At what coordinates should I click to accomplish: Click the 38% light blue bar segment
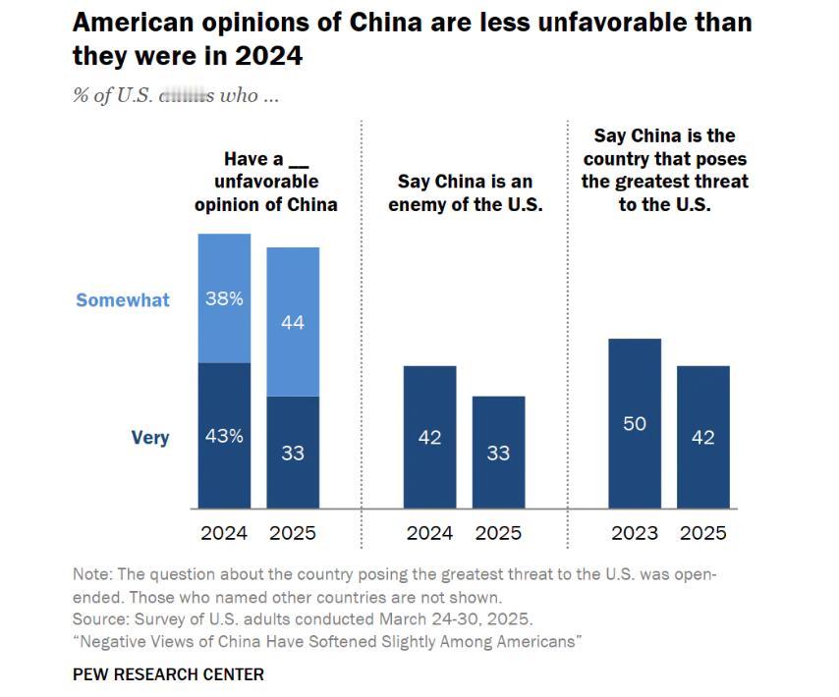click(224, 298)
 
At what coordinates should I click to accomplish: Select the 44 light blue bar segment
click(293, 321)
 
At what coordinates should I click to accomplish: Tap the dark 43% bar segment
click(224, 436)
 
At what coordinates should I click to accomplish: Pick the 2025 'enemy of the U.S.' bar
click(498, 453)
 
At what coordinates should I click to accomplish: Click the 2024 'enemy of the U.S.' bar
click(429, 437)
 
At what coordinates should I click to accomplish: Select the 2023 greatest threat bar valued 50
click(635, 423)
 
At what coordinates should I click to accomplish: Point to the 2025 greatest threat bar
click(703, 437)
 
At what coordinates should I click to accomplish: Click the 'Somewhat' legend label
click(123, 300)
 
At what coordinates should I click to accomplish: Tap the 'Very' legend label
click(150, 438)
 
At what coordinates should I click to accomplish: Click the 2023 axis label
click(635, 534)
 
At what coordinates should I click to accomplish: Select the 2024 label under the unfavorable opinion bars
click(224, 534)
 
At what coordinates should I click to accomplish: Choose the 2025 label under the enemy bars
click(498, 534)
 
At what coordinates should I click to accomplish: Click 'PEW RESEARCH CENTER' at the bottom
click(168, 674)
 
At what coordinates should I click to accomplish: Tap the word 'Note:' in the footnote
click(91, 574)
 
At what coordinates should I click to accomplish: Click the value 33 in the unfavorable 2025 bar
click(293, 454)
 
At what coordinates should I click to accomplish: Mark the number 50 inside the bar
click(635, 424)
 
